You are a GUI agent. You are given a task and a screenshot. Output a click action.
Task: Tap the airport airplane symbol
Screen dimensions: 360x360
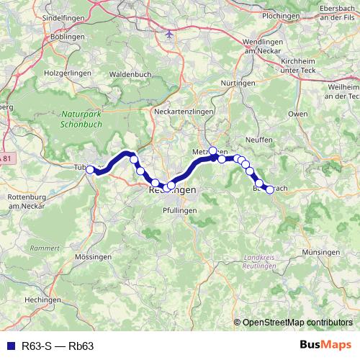click(x=170, y=34)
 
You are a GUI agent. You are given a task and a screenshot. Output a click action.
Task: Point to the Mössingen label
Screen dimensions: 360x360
click(x=92, y=256)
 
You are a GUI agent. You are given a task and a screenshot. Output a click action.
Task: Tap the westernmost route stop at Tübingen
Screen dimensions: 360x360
click(x=90, y=169)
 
